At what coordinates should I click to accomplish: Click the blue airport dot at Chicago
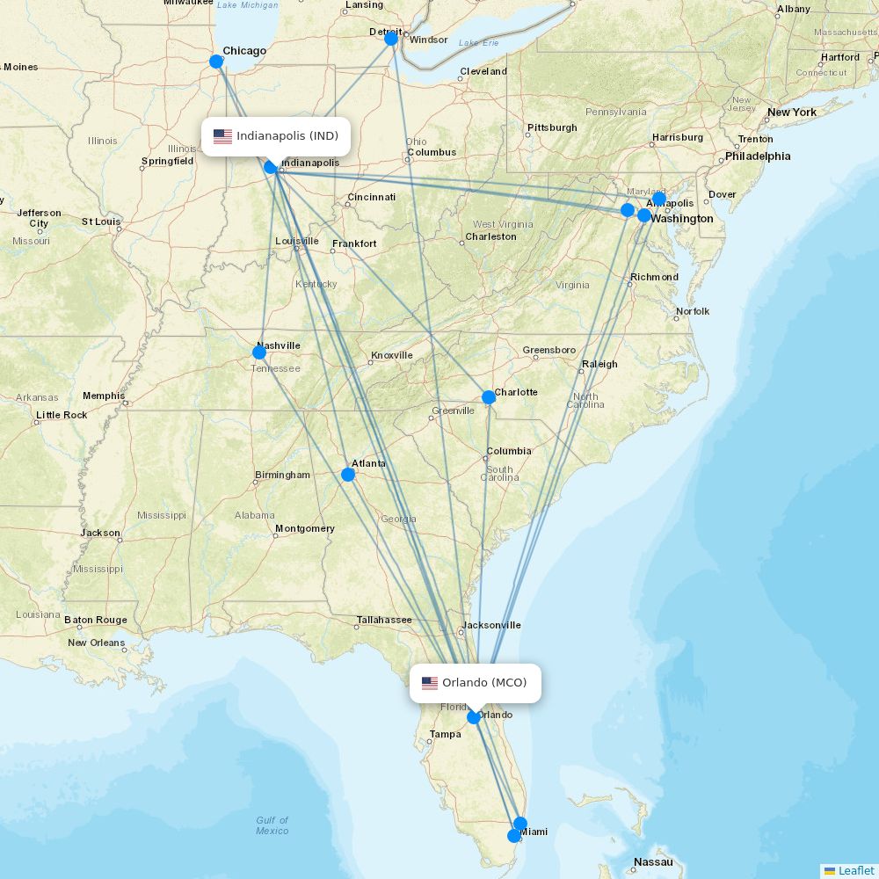point(216,62)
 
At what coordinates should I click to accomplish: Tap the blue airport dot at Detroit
point(391,39)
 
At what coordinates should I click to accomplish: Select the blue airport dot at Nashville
point(259,352)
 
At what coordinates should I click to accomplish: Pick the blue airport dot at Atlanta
point(348,475)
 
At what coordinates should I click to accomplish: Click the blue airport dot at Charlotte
point(489,397)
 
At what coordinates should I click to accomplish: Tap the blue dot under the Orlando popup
point(474,717)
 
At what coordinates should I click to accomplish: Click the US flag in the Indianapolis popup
point(222,136)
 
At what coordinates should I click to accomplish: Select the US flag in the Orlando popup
point(430,683)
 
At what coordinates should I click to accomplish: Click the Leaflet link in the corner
point(855,870)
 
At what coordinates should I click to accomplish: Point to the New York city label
point(792,113)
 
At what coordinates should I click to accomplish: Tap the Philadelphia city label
point(758,156)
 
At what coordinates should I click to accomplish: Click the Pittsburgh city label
point(552,127)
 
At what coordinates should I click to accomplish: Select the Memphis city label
point(104,396)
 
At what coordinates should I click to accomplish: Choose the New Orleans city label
point(97,643)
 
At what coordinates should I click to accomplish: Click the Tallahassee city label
point(384,620)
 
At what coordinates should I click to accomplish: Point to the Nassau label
point(653,862)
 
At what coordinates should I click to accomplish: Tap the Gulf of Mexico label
point(272,825)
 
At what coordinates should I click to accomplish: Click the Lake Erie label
point(478,43)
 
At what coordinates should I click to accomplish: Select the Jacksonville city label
point(491,625)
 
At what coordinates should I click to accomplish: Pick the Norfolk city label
point(693,311)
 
